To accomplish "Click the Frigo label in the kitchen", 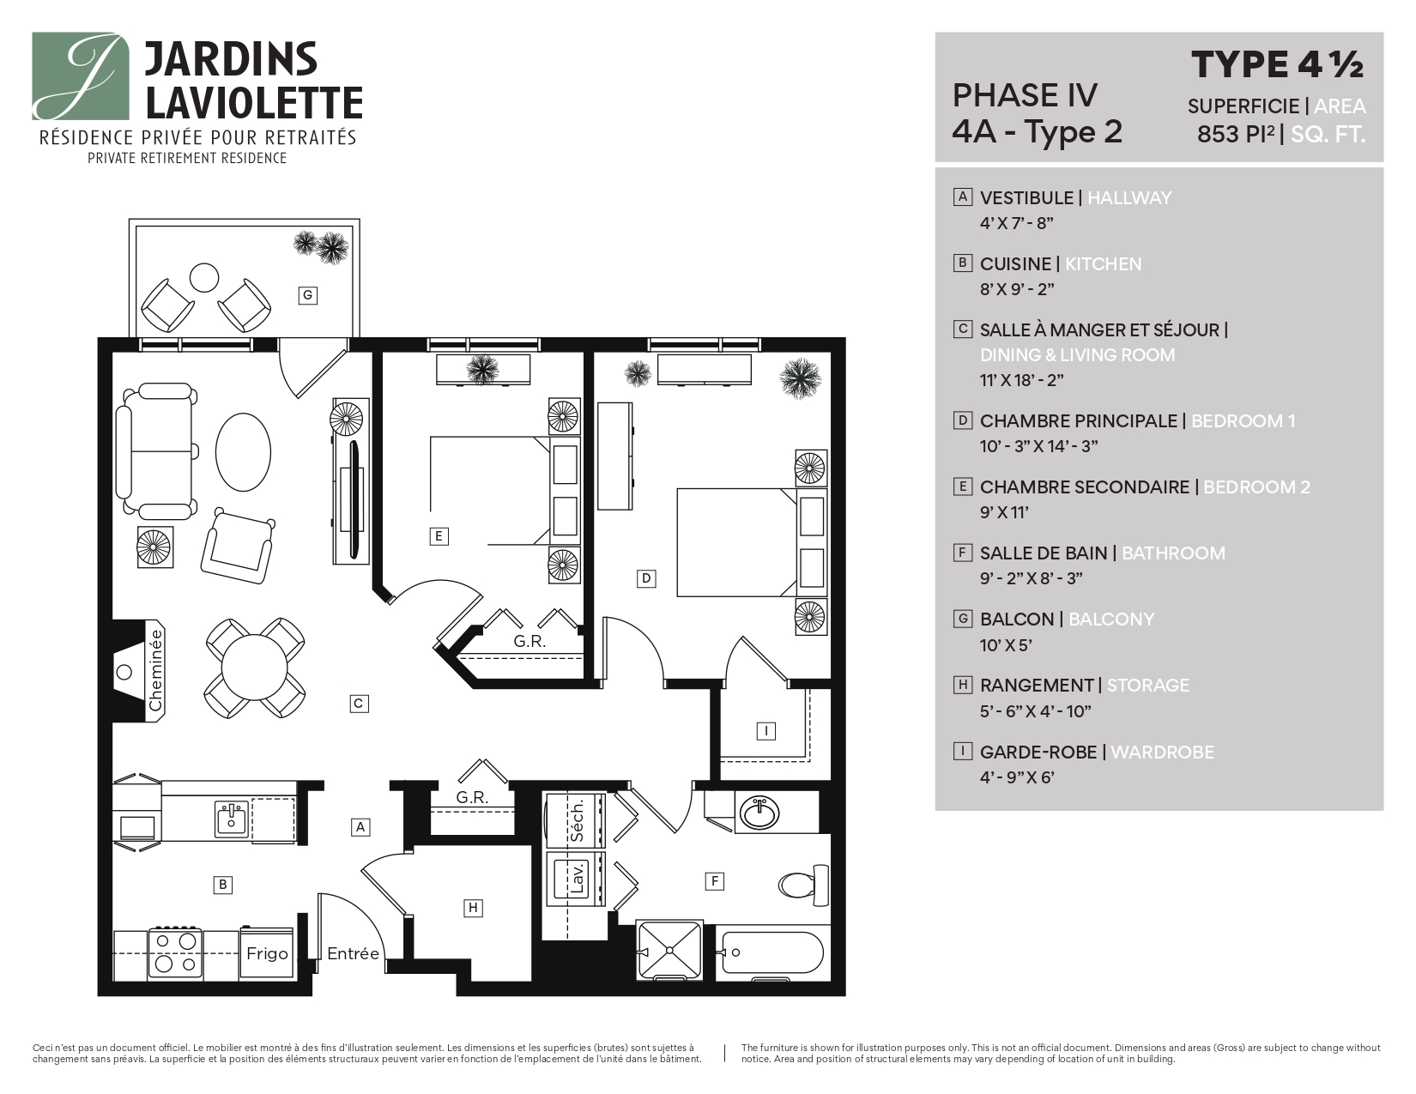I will (x=267, y=953).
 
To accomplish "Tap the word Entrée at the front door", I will (x=353, y=953).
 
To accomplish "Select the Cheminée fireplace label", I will (x=155, y=670).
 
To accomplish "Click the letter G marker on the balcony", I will (x=307, y=296).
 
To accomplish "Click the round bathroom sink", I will (x=759, y=811).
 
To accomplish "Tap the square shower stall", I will (x=669, y=951).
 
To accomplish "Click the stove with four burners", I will (x=176, y=952).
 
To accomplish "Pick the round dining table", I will (x=255, y=668).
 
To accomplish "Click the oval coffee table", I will (x=243, y=452).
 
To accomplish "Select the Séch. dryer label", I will (x=577, y=819).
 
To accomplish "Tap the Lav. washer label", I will (x=577, y=879).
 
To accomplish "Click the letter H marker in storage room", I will (x=472, y=908).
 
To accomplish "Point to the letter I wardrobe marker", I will (x=765, y=731).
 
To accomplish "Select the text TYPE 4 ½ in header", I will (x=1277, y=64).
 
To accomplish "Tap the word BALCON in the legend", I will (x=1016, y=619).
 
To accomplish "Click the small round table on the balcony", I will (x=205, y=276).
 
